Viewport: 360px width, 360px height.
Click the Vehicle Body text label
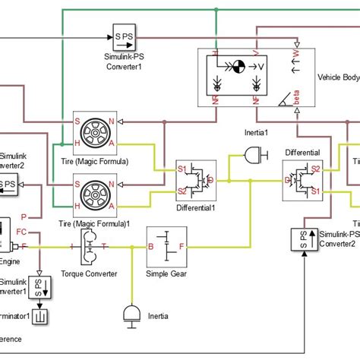tap(337, 77)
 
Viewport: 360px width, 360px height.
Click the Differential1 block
tap(197, 179)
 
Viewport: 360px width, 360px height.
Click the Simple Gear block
tap(168, 247)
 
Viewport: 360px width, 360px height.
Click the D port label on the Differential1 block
tap(211, 179)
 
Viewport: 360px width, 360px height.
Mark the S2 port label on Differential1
tap(182, 190)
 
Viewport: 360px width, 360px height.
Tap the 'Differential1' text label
tap(197, 207)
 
